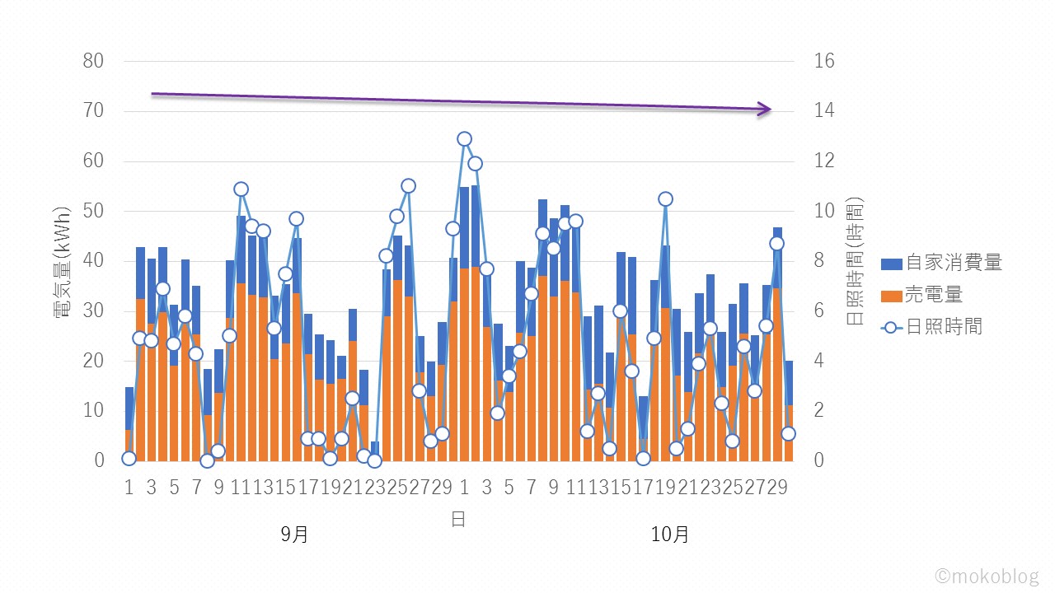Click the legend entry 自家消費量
click(954, 264)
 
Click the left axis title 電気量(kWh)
click(65, 260)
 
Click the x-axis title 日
click(457, 519)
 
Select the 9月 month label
click(294, 535)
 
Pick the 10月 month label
click(669, 535)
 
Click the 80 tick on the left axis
click(93, 61)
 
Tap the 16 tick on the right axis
click(824, 61)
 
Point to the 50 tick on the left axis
click(93, 211)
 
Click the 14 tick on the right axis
click(824, 111)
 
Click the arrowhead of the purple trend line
click(766, 109)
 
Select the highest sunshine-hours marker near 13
click(464, 139)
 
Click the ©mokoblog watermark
click(987, 576)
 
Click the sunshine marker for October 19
click(665, 198)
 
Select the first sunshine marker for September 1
click(129, 459)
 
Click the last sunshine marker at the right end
click(788, 433)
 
